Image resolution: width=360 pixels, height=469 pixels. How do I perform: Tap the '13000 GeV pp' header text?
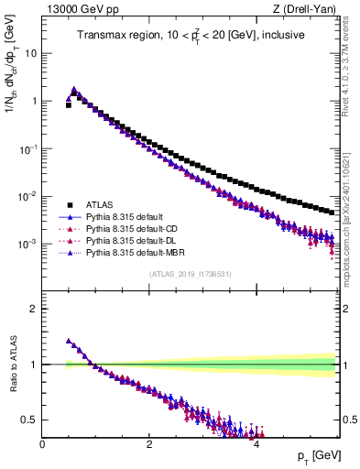pyautogui.click(x=81, y=9)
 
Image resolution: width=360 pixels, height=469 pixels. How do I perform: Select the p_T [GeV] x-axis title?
pyautogui.click(x=315, y=456)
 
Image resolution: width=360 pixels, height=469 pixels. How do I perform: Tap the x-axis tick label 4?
pyautogui.click(x=256, y=443)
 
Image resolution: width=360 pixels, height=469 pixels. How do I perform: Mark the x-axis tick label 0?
pyautogui.click(x=43, y=443)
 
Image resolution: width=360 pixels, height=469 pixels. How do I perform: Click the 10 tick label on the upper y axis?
pyautogui.click(x=31, y=53)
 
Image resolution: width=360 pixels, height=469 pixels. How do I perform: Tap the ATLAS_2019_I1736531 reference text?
pyautogui.click(x=191, y=275)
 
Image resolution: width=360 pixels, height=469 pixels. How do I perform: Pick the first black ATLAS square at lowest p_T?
pyautogui.click(x=69, y=105)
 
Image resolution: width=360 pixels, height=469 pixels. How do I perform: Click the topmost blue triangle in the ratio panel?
pyautogui.click(x=69, y=341)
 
